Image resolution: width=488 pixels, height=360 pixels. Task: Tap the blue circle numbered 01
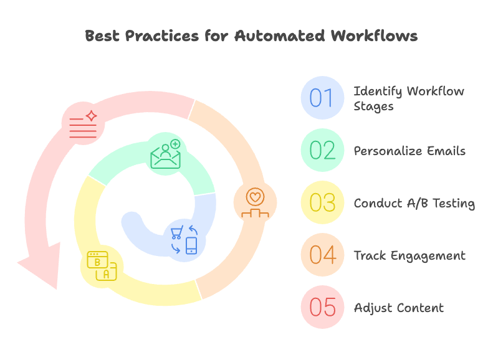tap(322, 98)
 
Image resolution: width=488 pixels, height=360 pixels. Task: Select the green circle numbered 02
tap(322, 150)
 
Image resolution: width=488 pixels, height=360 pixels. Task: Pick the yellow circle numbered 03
tap(322, 202)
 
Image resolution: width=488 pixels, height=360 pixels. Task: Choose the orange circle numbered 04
tap(322, 255)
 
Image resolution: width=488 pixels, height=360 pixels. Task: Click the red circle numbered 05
tap(322, 307)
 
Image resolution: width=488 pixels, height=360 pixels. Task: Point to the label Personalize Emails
tap(409, 151)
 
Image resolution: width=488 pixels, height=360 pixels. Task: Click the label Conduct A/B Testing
tap(414, 203)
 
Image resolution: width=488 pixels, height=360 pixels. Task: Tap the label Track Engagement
tap(409, 255)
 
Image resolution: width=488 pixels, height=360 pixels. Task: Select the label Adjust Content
tap(399, 308)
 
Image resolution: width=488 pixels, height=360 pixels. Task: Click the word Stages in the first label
tap(374, 106)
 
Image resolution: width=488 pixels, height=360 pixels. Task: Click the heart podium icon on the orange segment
tap(254, 203)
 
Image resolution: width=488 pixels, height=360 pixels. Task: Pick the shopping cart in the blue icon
tap(176, 233)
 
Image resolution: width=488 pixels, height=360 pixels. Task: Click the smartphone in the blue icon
tap(191, 245)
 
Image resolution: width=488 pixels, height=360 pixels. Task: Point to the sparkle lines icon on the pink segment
tap(84, 121)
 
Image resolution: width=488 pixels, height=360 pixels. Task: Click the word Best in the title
tap(102, 36)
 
